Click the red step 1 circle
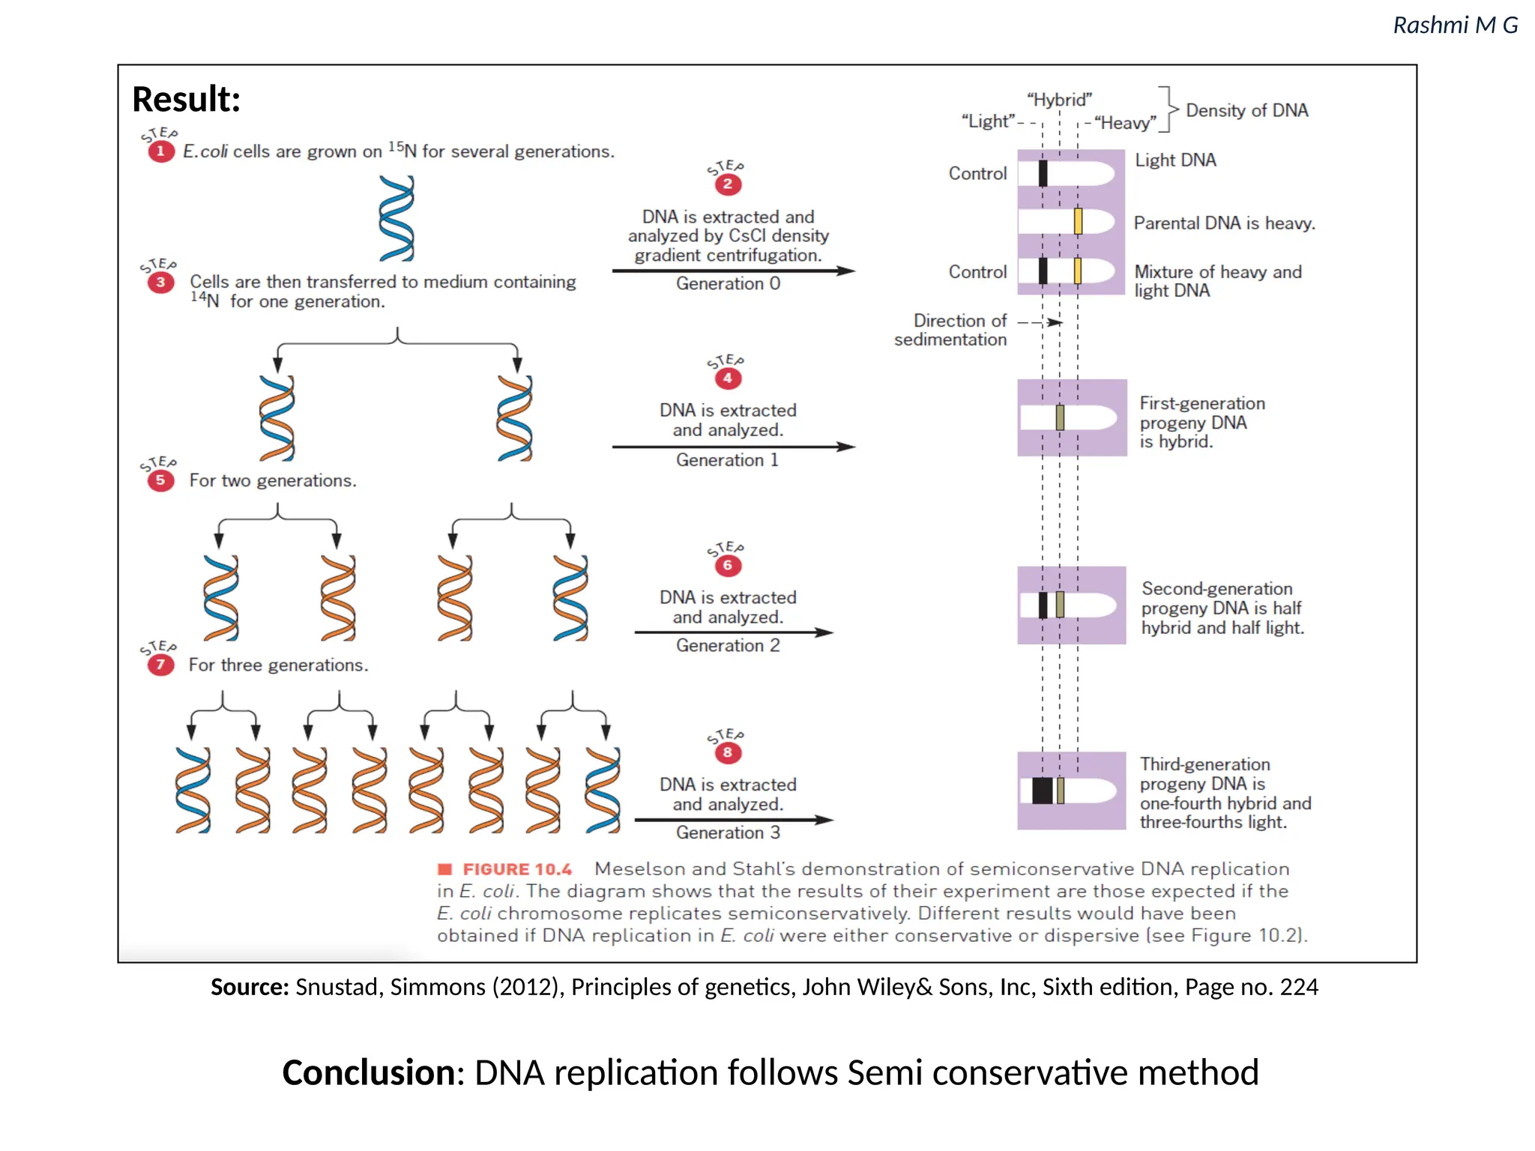point(160,151)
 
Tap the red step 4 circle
point(727,378)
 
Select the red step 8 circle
point(727,752)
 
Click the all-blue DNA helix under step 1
point(396,218)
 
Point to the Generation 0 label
point(728,283)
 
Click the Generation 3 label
point(728,833)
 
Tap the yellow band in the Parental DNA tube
point(1078,222)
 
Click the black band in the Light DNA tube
point(1043,173)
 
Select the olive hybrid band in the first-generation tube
point(1060,417)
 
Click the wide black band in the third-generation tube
point(1042,791)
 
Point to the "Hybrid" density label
point(1059,100)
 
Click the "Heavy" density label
point(1125,123)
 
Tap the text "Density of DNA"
point(1246,111)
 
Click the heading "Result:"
point(187,99)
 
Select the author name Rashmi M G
point(1455,25)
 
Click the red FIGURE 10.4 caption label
point(516,869)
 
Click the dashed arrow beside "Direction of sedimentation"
point(1040,322)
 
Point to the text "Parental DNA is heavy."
point(1224,223)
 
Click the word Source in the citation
point(250,987)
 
